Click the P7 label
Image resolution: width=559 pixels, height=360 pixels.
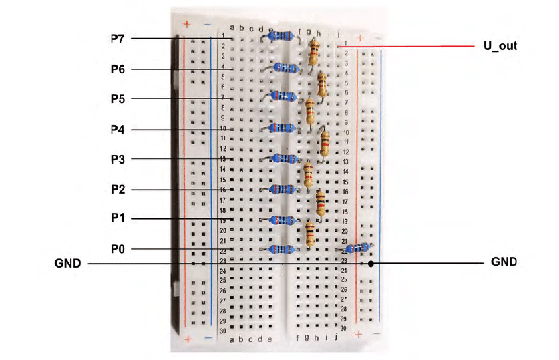pos(118,39)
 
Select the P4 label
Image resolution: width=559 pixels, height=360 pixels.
pos(118,130)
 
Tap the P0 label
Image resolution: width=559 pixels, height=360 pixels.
pos(118,249)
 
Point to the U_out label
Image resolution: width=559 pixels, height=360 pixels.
pos(500,46)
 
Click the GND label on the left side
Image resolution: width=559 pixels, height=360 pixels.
pos(67,263)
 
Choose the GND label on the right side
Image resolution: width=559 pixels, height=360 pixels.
pos(504,262)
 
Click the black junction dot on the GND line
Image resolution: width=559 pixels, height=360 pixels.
pos(371,264)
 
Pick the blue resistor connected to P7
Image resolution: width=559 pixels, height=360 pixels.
pos(281,36)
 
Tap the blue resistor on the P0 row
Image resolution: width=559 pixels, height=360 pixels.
pos(281,249)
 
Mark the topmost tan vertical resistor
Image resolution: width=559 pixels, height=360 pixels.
pos(313,51)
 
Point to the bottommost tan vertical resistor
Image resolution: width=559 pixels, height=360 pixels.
pos(310,234)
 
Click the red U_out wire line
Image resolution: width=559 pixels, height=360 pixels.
pos(406,47)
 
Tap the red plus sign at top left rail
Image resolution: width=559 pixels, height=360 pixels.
pos(187,24)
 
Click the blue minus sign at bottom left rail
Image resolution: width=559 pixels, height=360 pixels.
pos(209,338)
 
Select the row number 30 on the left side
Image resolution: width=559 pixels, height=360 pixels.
pos(223,331)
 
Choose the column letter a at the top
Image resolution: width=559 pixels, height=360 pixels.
pos(232,27)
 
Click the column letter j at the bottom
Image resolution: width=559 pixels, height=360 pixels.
pos(336,337)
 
